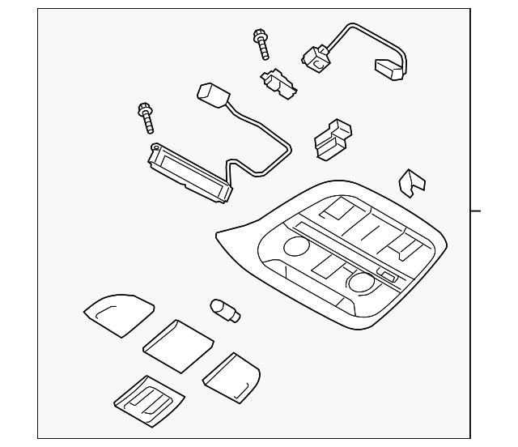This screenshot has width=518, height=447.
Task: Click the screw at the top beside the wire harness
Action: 261,44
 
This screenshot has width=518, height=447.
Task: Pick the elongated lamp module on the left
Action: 188,172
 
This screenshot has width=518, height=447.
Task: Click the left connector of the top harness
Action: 314,57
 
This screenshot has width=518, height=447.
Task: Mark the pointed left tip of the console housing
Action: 217,235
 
